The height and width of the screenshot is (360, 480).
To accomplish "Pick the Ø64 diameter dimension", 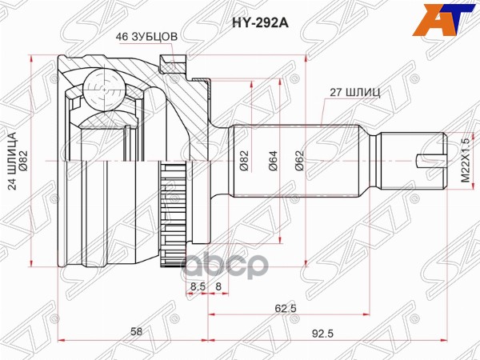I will tap(272, 162).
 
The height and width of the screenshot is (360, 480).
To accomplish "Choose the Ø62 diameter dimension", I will tap(300, 162).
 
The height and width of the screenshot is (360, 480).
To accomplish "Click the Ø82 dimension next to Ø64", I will tap(243, 162).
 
